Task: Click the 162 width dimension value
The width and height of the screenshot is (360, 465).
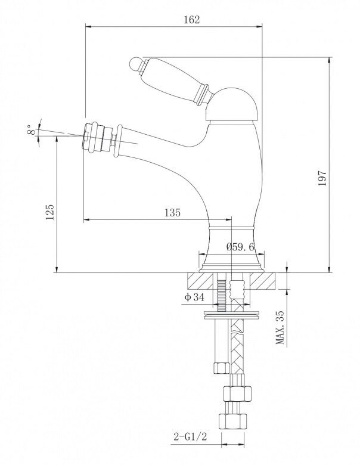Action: (x=192, y=20)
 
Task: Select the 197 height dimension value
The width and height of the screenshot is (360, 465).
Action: (x=322, y=178)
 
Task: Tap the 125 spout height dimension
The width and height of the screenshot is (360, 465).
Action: (x=49, y=212)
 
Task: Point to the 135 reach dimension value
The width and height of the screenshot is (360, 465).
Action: (x=172, y=212)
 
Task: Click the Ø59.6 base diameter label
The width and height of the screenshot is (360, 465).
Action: (x=240, y=247)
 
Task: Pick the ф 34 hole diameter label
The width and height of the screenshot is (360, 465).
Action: (x=194, y=297)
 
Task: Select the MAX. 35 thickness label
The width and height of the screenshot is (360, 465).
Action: (x=280, y=327)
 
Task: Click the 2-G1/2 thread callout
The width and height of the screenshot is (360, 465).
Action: (x=190, y=436)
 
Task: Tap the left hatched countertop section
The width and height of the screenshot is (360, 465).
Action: (x=200, y=281)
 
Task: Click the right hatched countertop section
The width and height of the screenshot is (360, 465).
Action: (x=263, y=281)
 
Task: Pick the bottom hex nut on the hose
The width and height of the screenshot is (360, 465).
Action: (x=232, y=421)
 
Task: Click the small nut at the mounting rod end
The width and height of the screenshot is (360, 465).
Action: (x=221, y=368)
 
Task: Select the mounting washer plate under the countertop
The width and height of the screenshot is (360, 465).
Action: (x=233, y=314)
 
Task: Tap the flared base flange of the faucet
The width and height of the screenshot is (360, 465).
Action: (x=232, y=267)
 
